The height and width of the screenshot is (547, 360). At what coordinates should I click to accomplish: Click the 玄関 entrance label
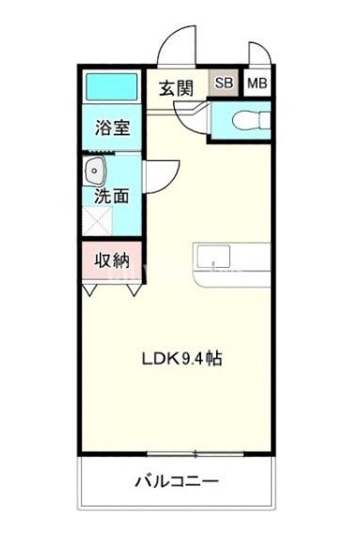click(175, 88)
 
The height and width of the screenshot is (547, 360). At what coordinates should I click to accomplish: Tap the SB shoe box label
click(224, 84)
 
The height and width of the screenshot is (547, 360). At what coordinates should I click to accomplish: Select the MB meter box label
click(256, 84)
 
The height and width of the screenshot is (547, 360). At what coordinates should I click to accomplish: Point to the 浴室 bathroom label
click(112, 129)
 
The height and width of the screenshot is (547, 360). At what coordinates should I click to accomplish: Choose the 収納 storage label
click(112, 260)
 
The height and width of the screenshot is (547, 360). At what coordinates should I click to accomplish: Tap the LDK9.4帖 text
click(181, 358)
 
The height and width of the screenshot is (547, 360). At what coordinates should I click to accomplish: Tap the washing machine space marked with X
click(96, 222)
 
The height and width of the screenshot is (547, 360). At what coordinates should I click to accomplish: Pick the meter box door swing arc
click(258, 52)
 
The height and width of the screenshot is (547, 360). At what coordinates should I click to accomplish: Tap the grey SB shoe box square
click(224, 84)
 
